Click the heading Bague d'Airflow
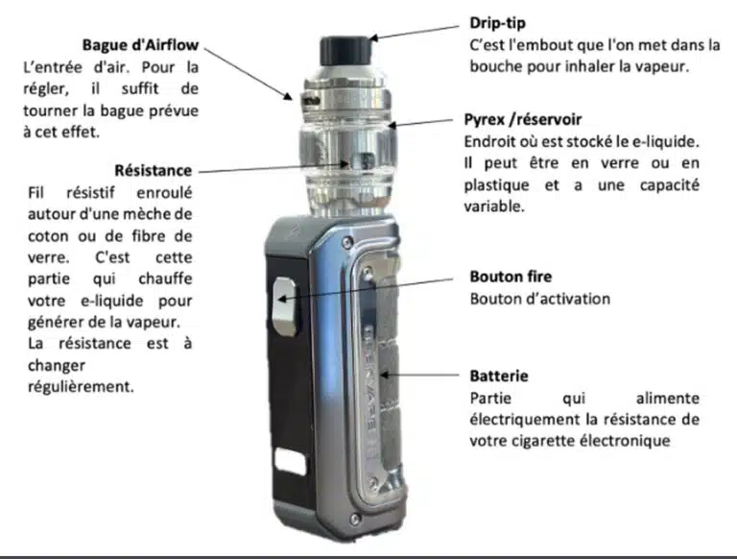140,45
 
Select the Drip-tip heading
497,23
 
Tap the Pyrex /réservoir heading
523,119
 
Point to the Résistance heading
154,170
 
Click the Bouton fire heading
511,277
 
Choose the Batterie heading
499,376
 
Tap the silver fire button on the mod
285,305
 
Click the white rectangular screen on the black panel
290,461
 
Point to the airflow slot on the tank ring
311,100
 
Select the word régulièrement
81,387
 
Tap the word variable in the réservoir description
494,207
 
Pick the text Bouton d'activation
540,299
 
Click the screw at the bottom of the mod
355,519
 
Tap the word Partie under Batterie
490,399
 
